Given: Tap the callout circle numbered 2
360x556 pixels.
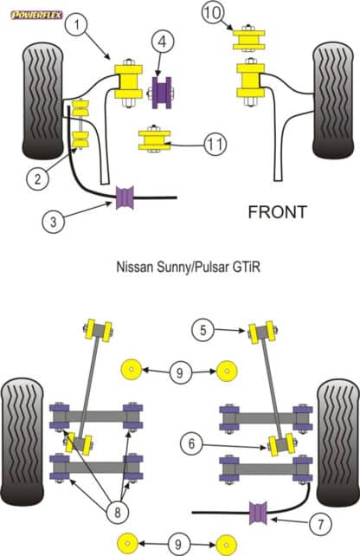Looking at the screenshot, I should (x=35, y=179).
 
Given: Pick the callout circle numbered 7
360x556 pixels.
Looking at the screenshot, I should (x=319, y=524).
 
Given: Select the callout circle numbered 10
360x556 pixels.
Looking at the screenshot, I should (x=214, y=13).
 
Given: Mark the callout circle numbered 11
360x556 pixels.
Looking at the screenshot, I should (x=215, y=144).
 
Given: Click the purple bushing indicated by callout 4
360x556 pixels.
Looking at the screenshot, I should (x=163, y=91).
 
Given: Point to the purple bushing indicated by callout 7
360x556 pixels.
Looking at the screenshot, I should (x=257, y=518).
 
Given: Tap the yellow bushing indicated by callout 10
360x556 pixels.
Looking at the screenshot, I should (x=247, y=40).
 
